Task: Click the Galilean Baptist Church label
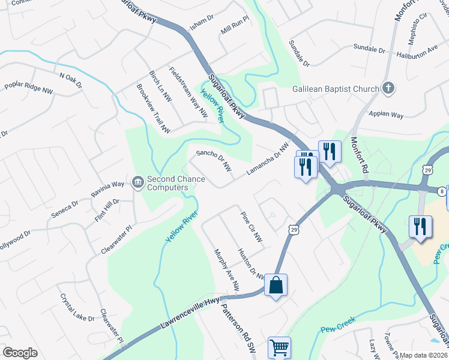pos(336,89)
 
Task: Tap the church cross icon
pos(388,89)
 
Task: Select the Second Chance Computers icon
pos(138,180)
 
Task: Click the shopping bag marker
pos(276,286)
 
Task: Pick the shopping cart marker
pos(280,347)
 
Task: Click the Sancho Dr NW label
pos(214,161)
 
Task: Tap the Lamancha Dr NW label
pos(268,159)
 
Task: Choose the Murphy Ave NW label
pos(226,271)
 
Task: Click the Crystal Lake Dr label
pos(76,308)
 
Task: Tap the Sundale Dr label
pos(298,53)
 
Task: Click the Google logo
pos(20,353)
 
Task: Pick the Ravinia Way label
pos(107,188)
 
